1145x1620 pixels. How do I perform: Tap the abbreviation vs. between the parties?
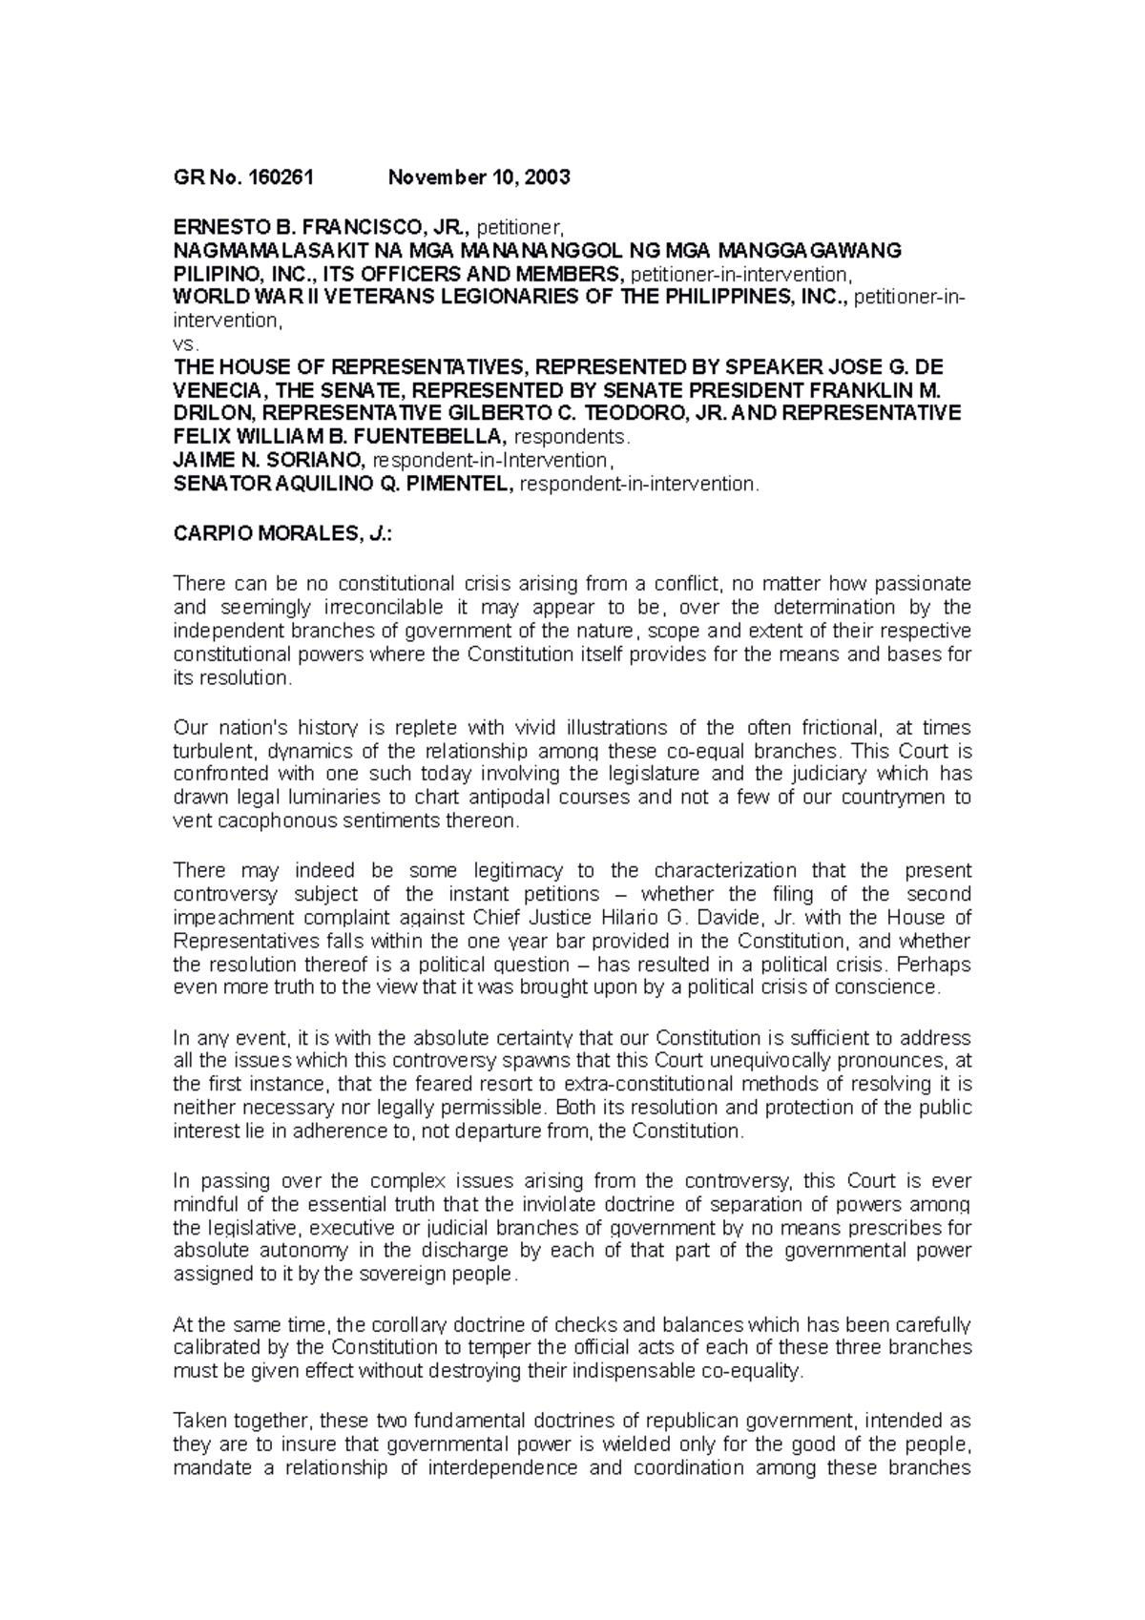(183, 344)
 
